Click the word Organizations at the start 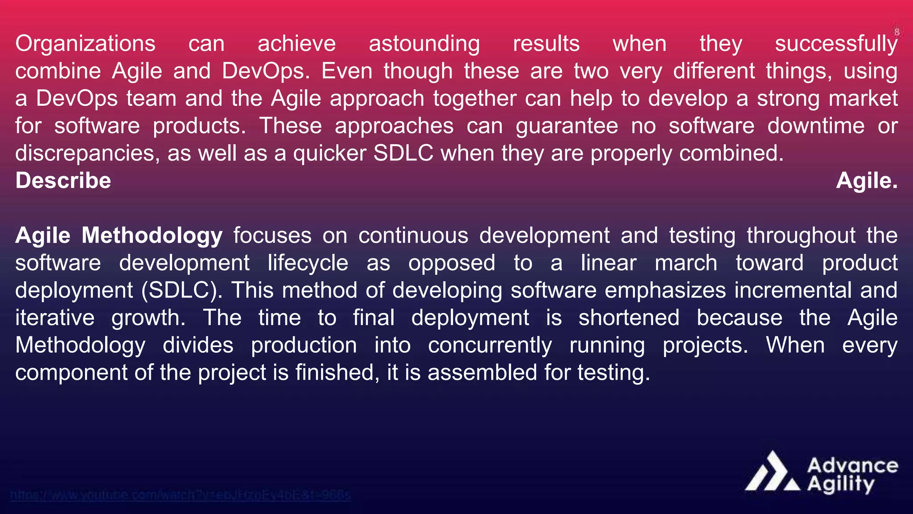pyautogui.click(x=85, y=44)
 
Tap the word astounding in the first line pyautogui.click(x=424, y=44)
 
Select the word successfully pyautogui.click(x=836, y=44)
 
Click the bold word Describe pyautogui.click(x=63, y=181)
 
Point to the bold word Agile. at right pyautogui.click(x=867, y=181)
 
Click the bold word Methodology pyautogui.click(x=152, y=236)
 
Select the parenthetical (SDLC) pyautogui.click(x=182, y=290)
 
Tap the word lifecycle pyautogui.click(x=308, y=263)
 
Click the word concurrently pyautogui.click(x=489, y=345)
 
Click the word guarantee pyautogui.click(x=567, y=126)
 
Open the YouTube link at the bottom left pyautogui.click(x=180, y=495)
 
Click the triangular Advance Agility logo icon pyautogui.click(x=773, y=473)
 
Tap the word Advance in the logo pyautogui.click(x=852, y=466)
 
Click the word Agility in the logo pyautogui.click(x=840, y=485)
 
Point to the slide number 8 pyautogui.click(x=897, y=32)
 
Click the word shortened pyautogui.click(x=629, y=318)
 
